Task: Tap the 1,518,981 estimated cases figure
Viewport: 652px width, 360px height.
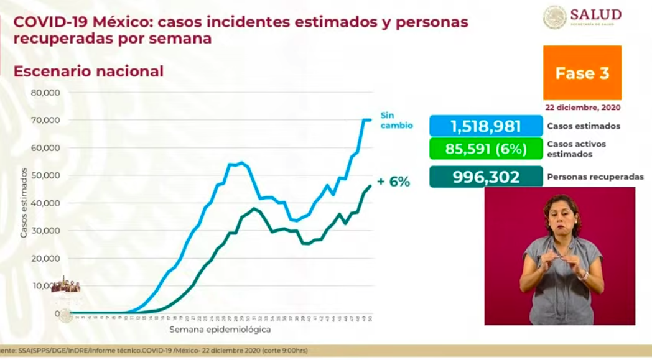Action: pyautogui.click(x=485, y=126)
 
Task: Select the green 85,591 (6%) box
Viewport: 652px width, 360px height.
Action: pyautogui.click(x=485, y=149)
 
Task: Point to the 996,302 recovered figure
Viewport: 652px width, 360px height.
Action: pyautogui.click(x=485, y=177)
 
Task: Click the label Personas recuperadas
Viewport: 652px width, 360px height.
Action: pyautogui.click(x=595, y=177)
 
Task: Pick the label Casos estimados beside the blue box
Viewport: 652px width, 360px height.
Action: pyautogui.click(x=583, y=126)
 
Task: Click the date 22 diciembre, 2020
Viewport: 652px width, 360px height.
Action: pyautogui.click(x=582, y=107)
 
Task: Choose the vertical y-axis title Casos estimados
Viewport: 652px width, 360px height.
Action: pyautogui.click(x=24, y=203)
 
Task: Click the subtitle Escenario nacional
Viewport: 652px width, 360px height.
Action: pyautogui.click(x=88, y=72)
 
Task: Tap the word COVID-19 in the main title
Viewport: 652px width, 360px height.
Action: pyautogui.click(x=51, y=22)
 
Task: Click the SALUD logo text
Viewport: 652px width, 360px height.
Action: pyautogui.click(x=595, y=14)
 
